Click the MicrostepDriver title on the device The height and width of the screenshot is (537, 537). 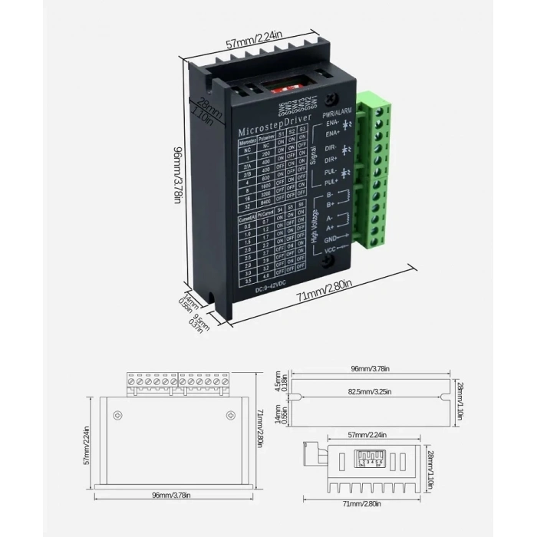point(275,124)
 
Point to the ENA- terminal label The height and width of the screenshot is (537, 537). point(331,122)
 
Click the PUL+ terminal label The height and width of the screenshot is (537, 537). point(331,183)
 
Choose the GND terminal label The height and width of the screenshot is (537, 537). point(331,239)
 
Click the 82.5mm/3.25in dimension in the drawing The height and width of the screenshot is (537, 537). point(371,391)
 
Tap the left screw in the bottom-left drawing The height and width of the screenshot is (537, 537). point(117,414)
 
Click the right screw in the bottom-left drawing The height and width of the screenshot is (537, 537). point(230,414)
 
